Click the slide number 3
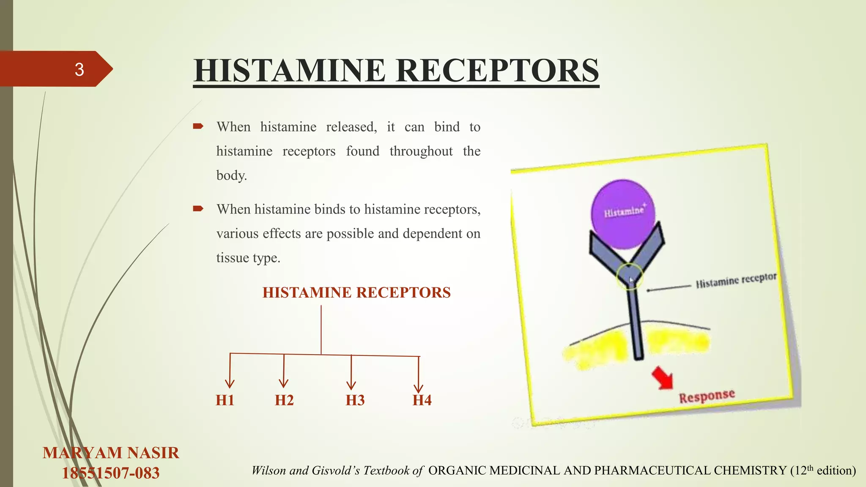(x=79, y=69)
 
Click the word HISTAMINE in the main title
(x=290, y=71)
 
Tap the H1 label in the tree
(x=225, y=400)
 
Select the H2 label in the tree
(x=284, y=400)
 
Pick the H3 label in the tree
(x=355, y=400)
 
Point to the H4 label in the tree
(x=422, y=400)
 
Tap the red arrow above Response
(x=662, y=378)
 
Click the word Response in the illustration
(x=707, y=396)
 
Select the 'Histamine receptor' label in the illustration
(x=736, y=280)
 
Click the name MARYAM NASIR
(x=111, y=453)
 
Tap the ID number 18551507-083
(x=111, y=473)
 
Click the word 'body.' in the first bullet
(x=231, y=175)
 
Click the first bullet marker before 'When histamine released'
(x=198, y=126)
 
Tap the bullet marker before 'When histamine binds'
(x=198, y=209)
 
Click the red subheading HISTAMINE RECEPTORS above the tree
(x=356, y=293)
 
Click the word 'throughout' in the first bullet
(x=421, y=151)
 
